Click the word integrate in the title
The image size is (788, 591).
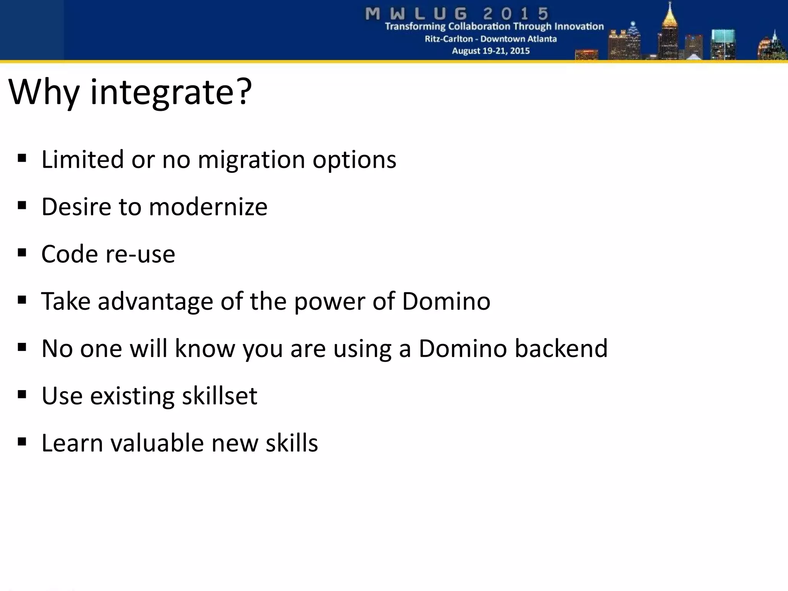click(162, 93)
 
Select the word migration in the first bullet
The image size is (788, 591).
click(251, 159)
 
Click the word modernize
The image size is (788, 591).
click(208, 207)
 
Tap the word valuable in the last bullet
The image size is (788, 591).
click(157, 443)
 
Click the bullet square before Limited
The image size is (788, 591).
click(22, 158)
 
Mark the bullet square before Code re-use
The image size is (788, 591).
click(22, 253)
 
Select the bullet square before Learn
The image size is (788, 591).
click(22, 441)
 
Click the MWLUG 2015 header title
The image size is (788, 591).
click(457, 14)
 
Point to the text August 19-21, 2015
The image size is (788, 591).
click(491, 51)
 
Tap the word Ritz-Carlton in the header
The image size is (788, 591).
click(449, 39)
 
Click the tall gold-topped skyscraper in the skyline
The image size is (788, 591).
click(670, 35)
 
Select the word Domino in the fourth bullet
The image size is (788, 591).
click(446, 301)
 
